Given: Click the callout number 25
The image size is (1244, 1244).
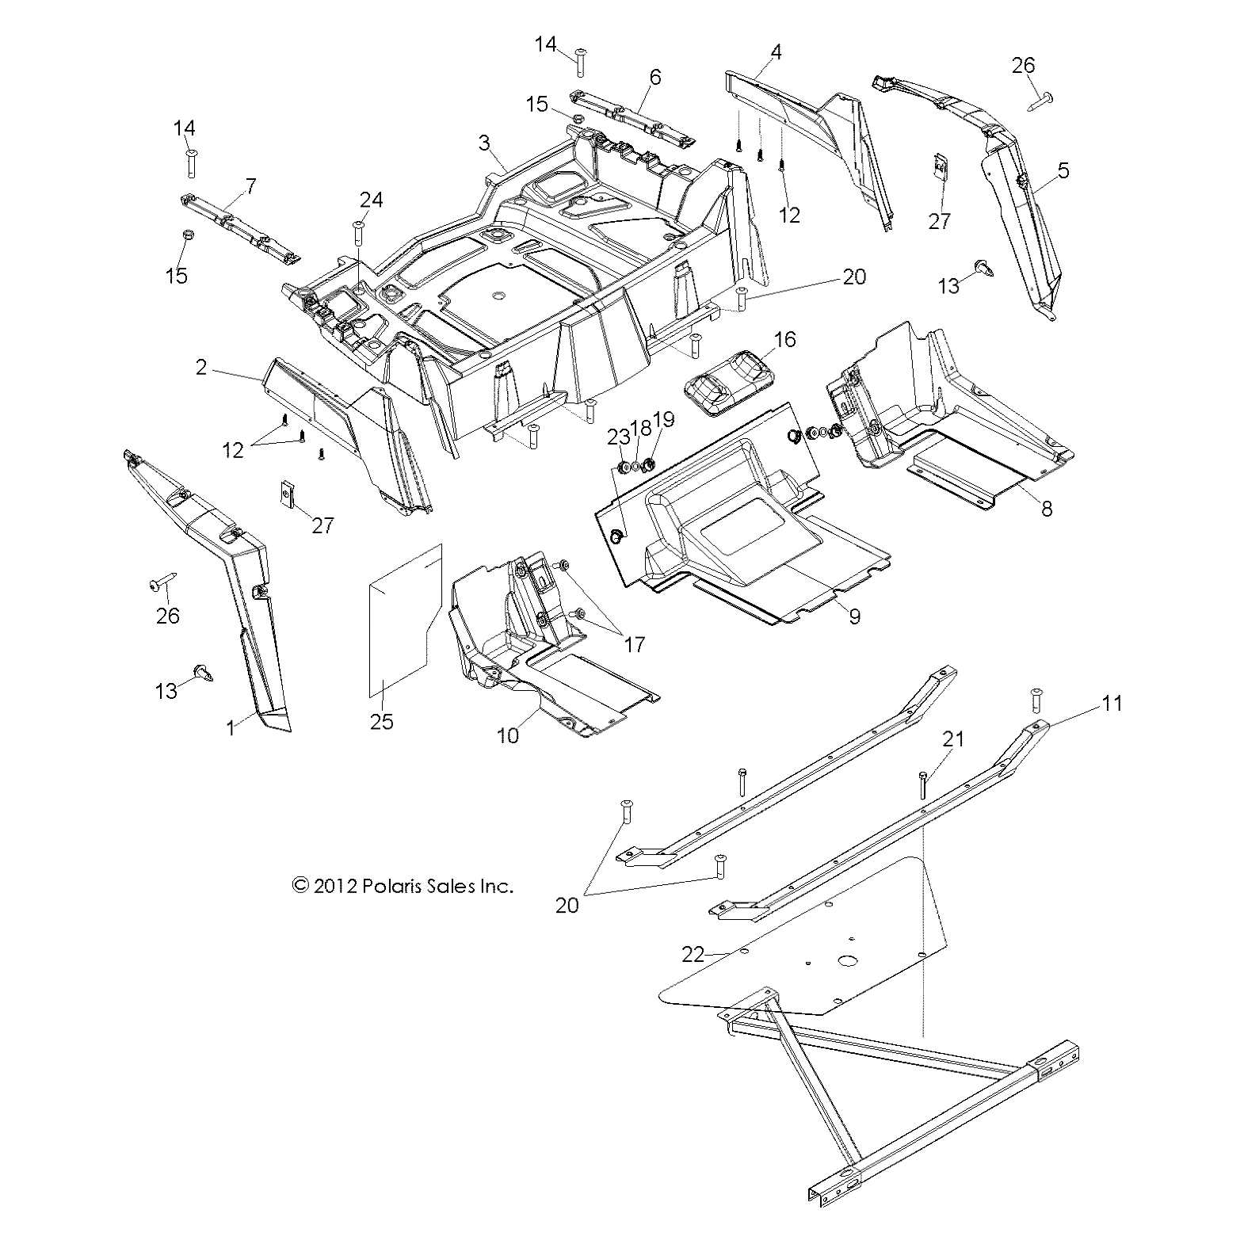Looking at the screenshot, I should click(x=381, y=722).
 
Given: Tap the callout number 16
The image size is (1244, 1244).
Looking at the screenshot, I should click(x=784, y=340).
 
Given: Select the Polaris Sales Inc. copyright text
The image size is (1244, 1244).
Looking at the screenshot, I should click(x=403, y=886).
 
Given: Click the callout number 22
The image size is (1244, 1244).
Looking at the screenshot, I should click(x=693, y=955).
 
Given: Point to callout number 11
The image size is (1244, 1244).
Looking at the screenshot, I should click(x=1112, y=703).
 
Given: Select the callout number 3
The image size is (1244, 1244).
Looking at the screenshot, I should click(x=483, y=143).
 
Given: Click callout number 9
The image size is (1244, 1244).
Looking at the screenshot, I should click(x=853, y=616).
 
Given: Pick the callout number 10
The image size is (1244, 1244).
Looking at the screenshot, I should click(x=507, y=735).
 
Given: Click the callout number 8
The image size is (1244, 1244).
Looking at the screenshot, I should click(x=1047, y=509).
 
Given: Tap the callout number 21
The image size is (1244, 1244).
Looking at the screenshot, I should click(x=953, y=738).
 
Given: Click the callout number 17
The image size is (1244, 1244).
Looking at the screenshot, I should click(x=635, y=644).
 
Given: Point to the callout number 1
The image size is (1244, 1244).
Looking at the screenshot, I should click(x=231, y=727).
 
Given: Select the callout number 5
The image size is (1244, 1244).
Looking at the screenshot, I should click(x=1063, y=170).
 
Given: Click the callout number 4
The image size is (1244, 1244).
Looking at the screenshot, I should click(x=776, y=52).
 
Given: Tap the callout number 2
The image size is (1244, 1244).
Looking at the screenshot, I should click(x=201, y=367).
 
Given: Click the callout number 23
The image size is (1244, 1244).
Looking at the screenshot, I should click(x=618, y=435).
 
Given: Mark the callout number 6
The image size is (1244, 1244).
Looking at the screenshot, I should click(x=654, y=77).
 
